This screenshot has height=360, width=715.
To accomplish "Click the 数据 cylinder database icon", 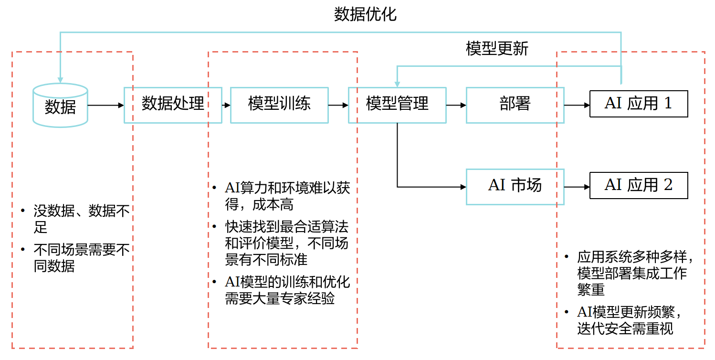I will point(60,106).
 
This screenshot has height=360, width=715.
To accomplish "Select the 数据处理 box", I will point(173,105).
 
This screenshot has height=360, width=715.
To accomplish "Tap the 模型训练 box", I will point(279,105).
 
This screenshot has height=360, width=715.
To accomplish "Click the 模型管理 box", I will point(397,105).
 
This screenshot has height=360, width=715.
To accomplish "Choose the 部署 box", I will point(515,105).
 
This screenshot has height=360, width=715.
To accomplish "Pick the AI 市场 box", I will point(515,186).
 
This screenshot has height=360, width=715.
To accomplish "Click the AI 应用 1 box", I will point(639,104).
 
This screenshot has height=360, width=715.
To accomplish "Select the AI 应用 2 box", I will point(639,185).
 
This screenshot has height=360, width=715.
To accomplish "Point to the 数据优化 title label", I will point(365,14).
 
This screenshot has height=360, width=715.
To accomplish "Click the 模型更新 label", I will point(497,48).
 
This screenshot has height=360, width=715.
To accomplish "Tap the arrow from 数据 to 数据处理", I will point(105,105).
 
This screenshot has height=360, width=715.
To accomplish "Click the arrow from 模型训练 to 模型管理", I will point(338,105).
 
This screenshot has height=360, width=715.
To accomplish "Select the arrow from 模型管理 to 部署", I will point(456,105).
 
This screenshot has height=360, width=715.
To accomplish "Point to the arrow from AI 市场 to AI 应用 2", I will point(577,187).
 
